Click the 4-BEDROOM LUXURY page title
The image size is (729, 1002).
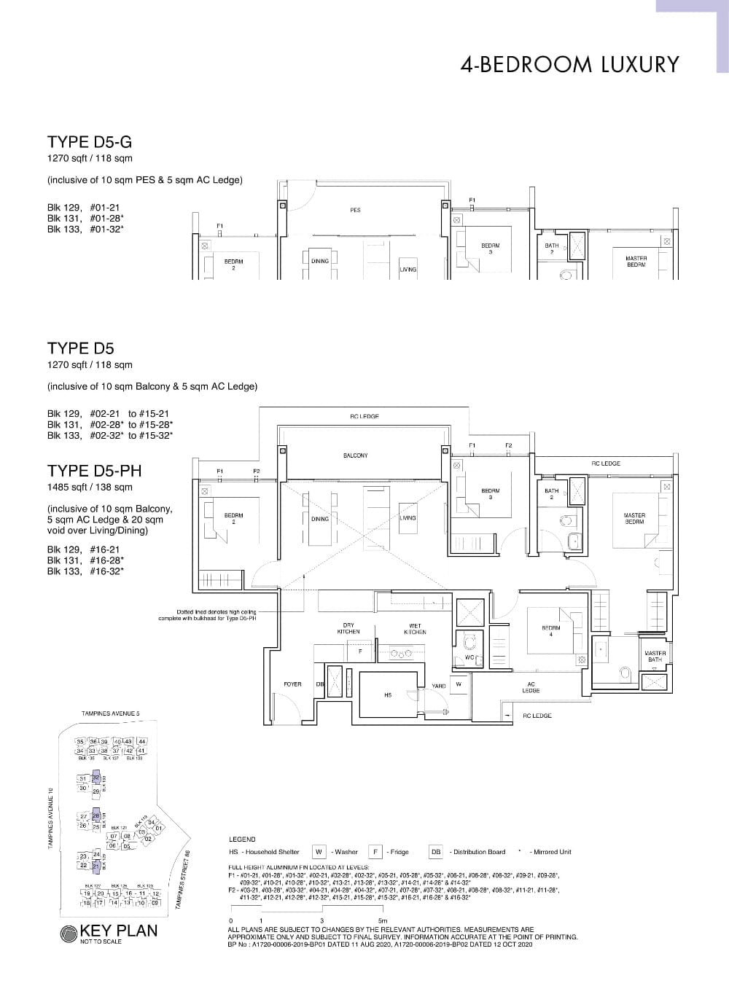point(569,65)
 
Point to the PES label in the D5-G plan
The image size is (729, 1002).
point(355,210)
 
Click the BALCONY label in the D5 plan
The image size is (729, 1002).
point(355,455)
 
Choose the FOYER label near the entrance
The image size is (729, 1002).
point(292,685)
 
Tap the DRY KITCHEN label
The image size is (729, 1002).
point(348,629)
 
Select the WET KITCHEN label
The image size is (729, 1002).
point(415,629)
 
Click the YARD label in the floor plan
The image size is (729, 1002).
point(439,686)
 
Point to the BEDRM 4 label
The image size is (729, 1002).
point(551,631)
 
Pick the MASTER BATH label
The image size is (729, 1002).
point(655,657)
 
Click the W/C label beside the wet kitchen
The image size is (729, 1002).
point(469,657)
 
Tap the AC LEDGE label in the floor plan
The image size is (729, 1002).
point(531,687)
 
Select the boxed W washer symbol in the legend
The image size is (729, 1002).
point(319,852)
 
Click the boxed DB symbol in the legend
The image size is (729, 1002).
point(436,852)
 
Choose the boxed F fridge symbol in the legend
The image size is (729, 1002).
point(375,852)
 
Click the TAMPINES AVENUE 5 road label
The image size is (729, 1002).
point(111,713)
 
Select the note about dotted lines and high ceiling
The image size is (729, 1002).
point(208,615)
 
